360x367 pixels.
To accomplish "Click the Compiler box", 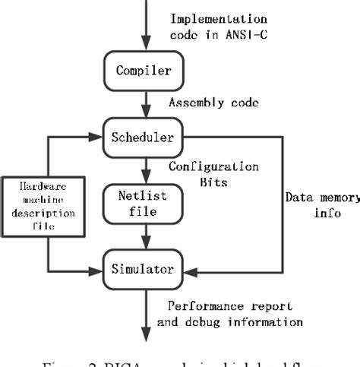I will (144, 71).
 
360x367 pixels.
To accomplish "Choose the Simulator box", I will (144, 268).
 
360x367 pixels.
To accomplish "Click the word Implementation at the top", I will (219, 19).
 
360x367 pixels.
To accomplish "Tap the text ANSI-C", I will (248, 35).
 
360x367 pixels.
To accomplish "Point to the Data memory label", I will (322, 198).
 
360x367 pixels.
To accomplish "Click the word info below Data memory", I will (324, 214).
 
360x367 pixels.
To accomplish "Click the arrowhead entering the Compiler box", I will (144, 49).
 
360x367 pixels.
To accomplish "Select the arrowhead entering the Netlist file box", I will (144, 179).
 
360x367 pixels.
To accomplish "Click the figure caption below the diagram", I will (180, 360).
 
